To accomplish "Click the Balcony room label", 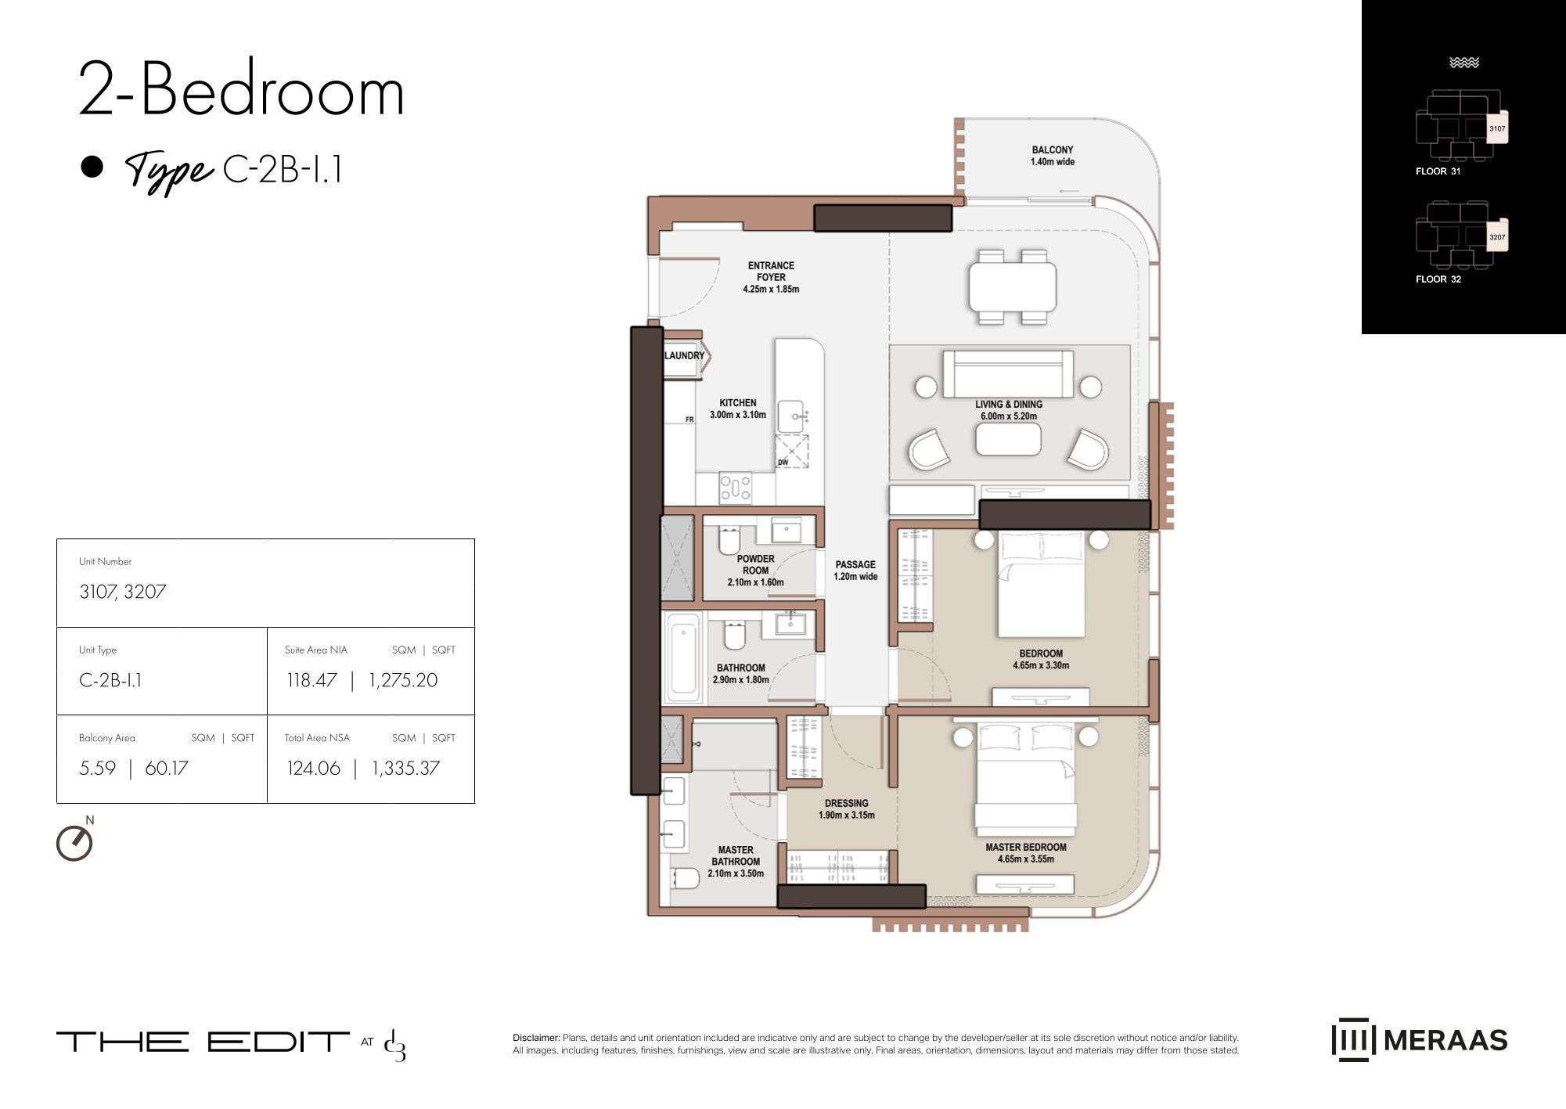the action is click(x=1052, y=156).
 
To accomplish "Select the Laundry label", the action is click(x=685, y=355).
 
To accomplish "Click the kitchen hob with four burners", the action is click(x=736, y=488).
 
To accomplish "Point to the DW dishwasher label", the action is click(x=783, y=463).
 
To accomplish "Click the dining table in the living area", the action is click(x=1013, y=287).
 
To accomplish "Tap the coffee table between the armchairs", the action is click(x=1008, y=440).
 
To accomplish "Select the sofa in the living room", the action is click(x=1008, y=374).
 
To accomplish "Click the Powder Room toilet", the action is click(x=729, y=539).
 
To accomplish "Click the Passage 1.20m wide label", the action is click(x=855, y=571).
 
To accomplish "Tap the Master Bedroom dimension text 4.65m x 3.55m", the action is click(x=1026, y=859).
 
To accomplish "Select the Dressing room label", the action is click(x=846, y=803).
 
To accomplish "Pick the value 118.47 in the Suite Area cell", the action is click(x=311, y=680).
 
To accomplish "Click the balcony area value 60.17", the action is click(x=167, y=769).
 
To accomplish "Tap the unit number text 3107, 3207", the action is click(x=123, y=592).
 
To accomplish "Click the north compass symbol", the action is click(x=75, y=842).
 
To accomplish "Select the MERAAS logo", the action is click(x=1420, y=1040).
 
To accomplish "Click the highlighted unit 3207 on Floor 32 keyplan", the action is click(x=1496, y=237).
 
